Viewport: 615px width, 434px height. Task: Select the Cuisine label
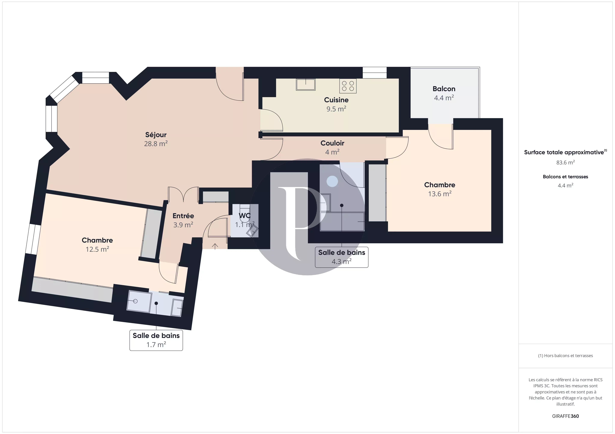coord(336,100)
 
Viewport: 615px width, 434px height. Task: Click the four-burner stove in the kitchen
coord(348,86)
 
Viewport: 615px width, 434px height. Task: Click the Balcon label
coord(444,89)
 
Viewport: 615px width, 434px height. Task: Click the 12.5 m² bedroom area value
coord(97,249)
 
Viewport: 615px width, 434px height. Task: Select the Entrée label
coord(183,216)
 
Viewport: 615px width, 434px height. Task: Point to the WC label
coord(245,216)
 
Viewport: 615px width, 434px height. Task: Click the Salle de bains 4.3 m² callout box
coord(342,257)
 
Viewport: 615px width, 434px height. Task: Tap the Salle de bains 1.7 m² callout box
coord(156,340)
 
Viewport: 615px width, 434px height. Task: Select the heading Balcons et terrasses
coord(565,177)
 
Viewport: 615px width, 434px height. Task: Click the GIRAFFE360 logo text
coord(565,416)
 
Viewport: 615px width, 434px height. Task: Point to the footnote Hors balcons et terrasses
coord(565,356)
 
